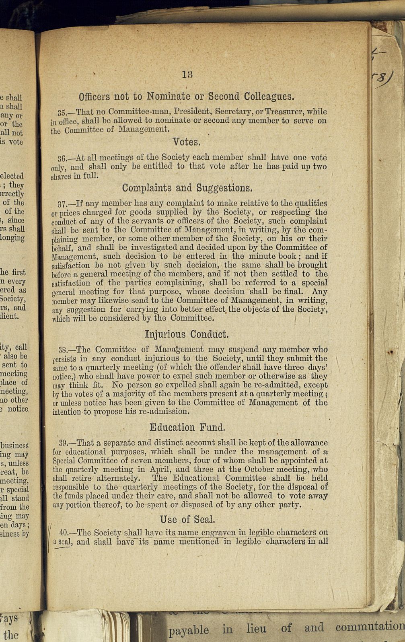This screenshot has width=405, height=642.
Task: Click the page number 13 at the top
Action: click(x=187, y=74)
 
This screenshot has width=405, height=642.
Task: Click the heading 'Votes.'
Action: click(x=186, y=142)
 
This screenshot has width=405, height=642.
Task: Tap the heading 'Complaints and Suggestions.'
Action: click(x=187, y=188)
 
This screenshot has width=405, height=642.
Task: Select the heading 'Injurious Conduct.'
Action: click(x=187, y=334)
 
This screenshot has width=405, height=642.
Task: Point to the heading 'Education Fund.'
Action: click(x=187, y=427)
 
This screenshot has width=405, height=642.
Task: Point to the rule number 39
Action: click(x=63, y=443)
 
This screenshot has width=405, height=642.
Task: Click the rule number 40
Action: click(x=63, y=533)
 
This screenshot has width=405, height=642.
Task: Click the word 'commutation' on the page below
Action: click(x=370, y=627)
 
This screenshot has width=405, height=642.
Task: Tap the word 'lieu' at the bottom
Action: click(x=256, y=628)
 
